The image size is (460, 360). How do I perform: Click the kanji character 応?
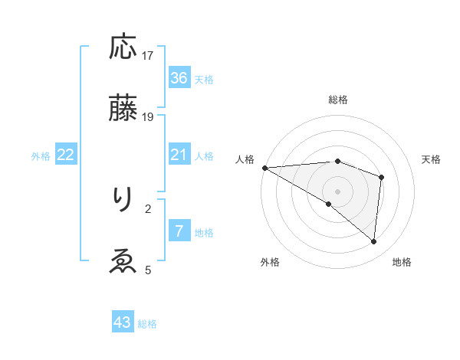123,47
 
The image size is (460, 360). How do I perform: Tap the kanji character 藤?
123,108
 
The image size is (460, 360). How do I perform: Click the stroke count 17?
148,56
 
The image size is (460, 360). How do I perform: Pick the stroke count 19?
148,117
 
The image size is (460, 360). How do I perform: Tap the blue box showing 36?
179,78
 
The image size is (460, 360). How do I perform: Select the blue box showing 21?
179,155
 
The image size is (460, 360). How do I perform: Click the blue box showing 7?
179,231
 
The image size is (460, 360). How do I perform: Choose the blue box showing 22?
66,155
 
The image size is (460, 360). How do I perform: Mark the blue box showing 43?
123,322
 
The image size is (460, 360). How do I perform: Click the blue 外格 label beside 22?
41,156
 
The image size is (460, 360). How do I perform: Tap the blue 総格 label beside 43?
147,324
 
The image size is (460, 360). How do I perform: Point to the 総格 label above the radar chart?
338,100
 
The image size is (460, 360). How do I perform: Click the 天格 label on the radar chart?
432,159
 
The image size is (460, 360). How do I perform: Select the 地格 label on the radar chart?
402,262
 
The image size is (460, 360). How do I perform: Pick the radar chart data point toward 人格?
264,167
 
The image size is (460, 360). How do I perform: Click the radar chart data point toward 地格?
373,241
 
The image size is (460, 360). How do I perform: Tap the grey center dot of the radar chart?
338,191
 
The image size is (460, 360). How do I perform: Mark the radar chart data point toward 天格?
381,177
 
